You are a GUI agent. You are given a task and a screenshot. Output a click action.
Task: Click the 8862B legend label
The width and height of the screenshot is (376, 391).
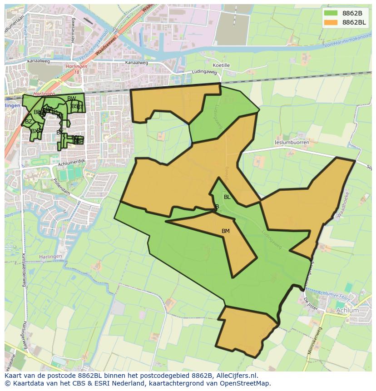352,13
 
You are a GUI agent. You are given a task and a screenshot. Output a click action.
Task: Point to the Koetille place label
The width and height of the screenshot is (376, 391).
221,65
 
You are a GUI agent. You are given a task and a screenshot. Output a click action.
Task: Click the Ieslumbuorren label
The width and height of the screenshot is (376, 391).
292,143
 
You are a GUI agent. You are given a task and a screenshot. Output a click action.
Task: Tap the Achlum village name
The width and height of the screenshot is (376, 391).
347,311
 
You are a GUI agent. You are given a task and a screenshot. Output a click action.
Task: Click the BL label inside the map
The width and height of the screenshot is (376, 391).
227,197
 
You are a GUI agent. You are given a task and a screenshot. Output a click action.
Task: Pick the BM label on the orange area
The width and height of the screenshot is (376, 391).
226,231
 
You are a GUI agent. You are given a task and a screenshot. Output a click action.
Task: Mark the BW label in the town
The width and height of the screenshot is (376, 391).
71,99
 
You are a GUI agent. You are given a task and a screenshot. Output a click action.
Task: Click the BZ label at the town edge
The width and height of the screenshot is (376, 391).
29,122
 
